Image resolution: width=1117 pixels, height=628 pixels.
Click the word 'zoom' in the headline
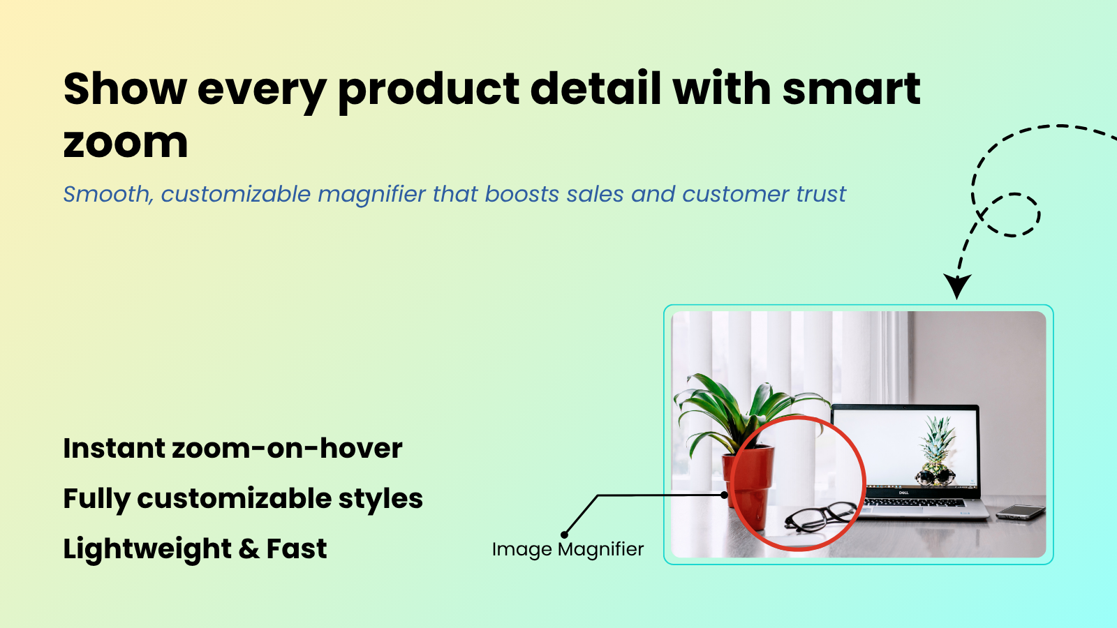pos(126,143)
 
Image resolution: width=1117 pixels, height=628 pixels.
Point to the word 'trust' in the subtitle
pos(821,194)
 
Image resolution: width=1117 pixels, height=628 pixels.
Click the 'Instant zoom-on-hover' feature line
pos(233,448)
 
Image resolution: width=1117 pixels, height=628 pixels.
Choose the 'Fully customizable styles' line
pos(243,499)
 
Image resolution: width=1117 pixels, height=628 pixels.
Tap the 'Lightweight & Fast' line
pos(195,549)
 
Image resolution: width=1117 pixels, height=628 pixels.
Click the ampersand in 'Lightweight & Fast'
pos(249,548)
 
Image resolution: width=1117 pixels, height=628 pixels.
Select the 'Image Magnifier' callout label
pos(568,550)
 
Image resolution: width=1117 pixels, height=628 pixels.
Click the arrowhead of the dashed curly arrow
pos(956,286)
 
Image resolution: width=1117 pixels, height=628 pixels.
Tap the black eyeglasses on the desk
pos(820,516)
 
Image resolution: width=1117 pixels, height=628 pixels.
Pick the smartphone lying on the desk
pos(1020,512)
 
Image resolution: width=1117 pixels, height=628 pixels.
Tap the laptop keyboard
pos(915,502)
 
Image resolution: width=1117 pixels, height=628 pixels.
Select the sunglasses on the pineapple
pos(936,474)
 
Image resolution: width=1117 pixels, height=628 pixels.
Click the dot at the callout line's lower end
pos(565,534)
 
